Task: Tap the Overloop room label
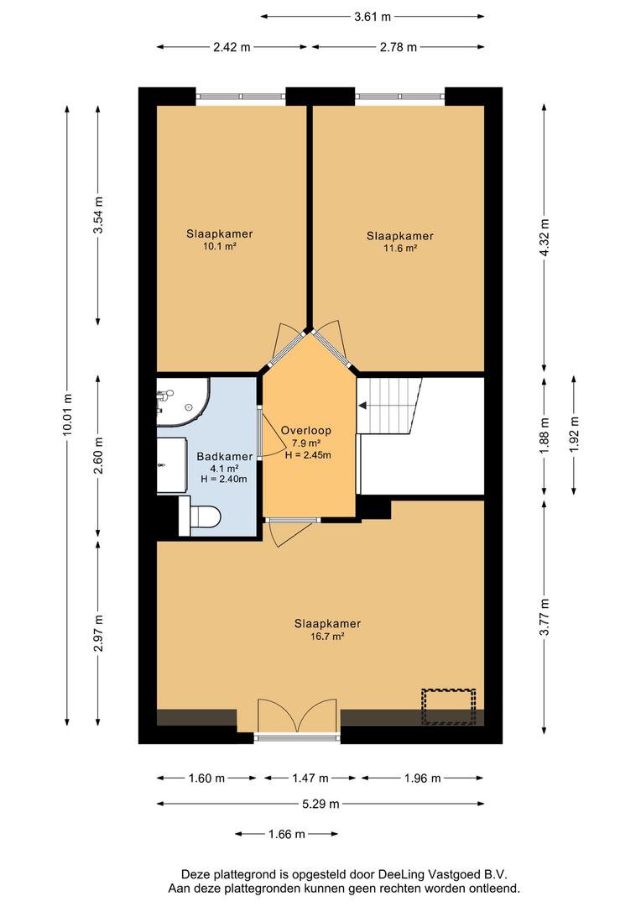pyautogui.click(x=305, y=430)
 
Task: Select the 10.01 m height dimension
pyautogui.click(x=67, y=414)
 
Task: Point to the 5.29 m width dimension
pyautogui.click(x=320, y=804)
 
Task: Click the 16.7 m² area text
pyautogui.click(x=327, y=637)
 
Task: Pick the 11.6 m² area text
pyautogui.click(x=399, y=248)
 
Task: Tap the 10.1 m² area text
pyautogui.click(x=219, y=246)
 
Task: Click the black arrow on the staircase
pyautogui.click(x=363, y=406)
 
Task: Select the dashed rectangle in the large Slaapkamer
pyautogui.click(x=449, y=706)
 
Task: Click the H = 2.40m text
pyautogui.click(x=224, y=479)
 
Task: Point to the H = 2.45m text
pyautogui.click(x=308, y=454)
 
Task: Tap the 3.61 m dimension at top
pyautogui.click(x=373, y=17)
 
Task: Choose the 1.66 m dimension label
pyautogui.click(x=287, y=834)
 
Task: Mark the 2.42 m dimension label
pyautogui.click(x=232, y=47)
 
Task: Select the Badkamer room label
pyautogui.click(x=224, y=456)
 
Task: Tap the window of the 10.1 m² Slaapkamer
pyautogui.click(x=241, y=97)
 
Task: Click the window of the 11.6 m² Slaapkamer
pyautogui.click(x=400, y=97)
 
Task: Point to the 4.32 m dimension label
pyautogui.click(x=544, y=237)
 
